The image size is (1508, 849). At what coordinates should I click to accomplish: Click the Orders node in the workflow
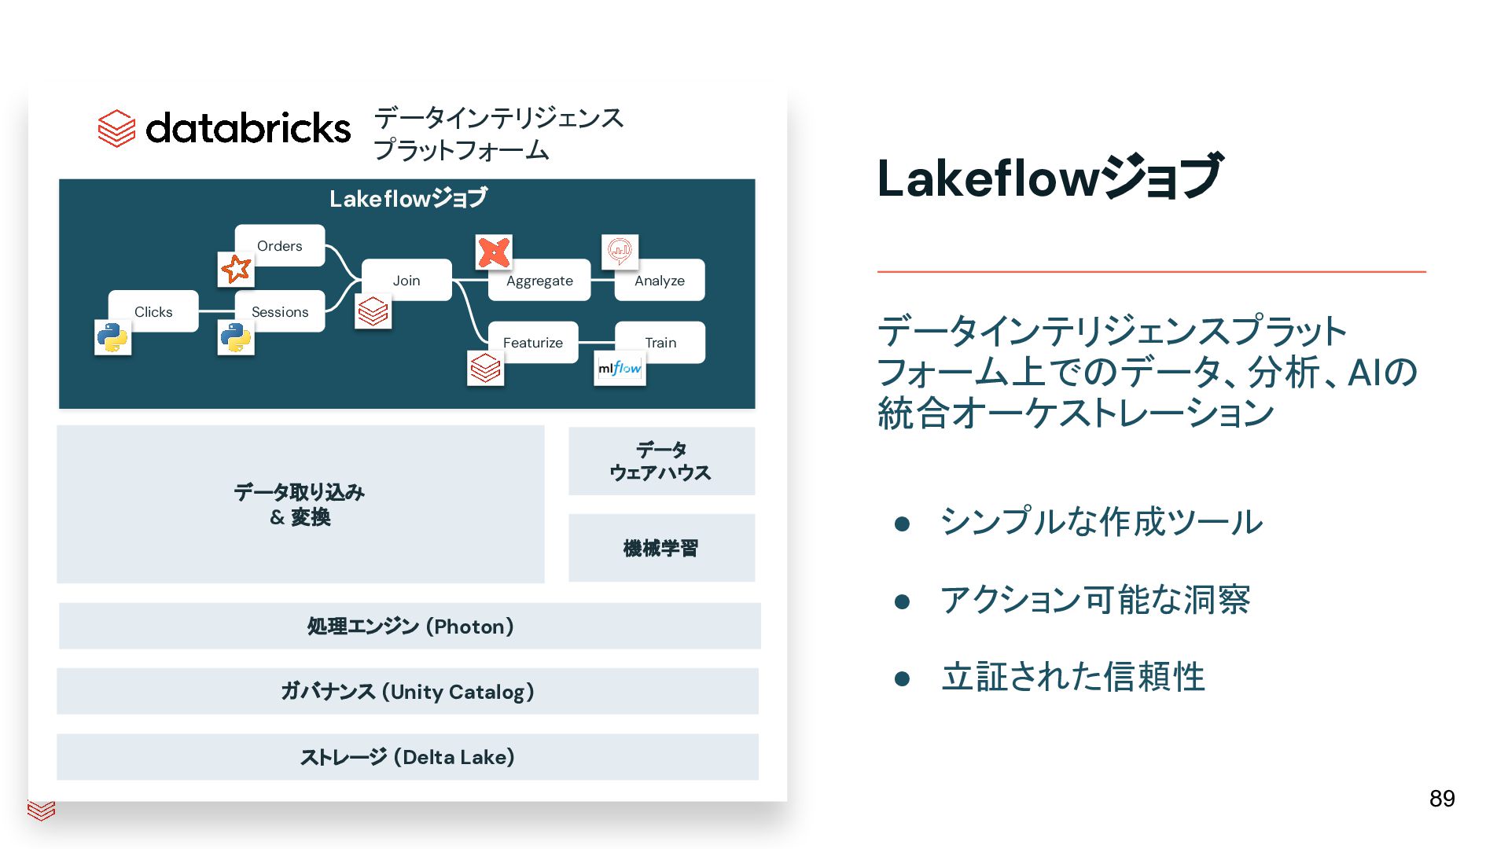click(x=280, y=245)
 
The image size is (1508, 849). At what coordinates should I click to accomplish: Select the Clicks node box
click(x=153, y=311)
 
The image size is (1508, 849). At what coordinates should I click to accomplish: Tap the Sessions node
click(x=280, y=311)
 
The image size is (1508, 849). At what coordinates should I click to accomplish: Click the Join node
click(x=406, y=280)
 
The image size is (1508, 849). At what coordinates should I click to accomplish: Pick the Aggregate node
click(x=539, y=281)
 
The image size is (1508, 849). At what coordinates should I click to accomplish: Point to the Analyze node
click(x=659, y=281)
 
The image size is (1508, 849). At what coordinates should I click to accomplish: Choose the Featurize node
click(x=533, y=342)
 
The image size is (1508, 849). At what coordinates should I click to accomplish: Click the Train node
click(x=660, y=342)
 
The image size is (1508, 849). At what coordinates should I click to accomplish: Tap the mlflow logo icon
click(x=620, y=368)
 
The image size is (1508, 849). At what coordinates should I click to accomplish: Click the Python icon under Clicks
click(x=112, y=337)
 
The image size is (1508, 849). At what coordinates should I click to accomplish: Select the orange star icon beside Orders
click(x=236, y=269)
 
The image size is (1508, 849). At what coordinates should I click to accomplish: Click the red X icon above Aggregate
click(x=494, y=252)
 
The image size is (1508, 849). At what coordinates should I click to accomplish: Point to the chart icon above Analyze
click(x=620, y=252)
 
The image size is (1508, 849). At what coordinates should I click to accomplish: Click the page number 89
click(x=1441, y=799)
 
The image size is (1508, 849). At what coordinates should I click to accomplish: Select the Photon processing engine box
click(x=410, y=626)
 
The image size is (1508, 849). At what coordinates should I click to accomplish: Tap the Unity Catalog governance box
click(x=407, y=691)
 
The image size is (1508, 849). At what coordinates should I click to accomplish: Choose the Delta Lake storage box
click(x=407, y=756)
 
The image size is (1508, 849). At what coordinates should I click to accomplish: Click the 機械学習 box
click(x=661, y=548)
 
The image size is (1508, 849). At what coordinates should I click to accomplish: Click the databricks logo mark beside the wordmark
click(x=116, y=128)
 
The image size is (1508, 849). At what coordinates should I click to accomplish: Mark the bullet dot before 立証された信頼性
click(x=902, y=678)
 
